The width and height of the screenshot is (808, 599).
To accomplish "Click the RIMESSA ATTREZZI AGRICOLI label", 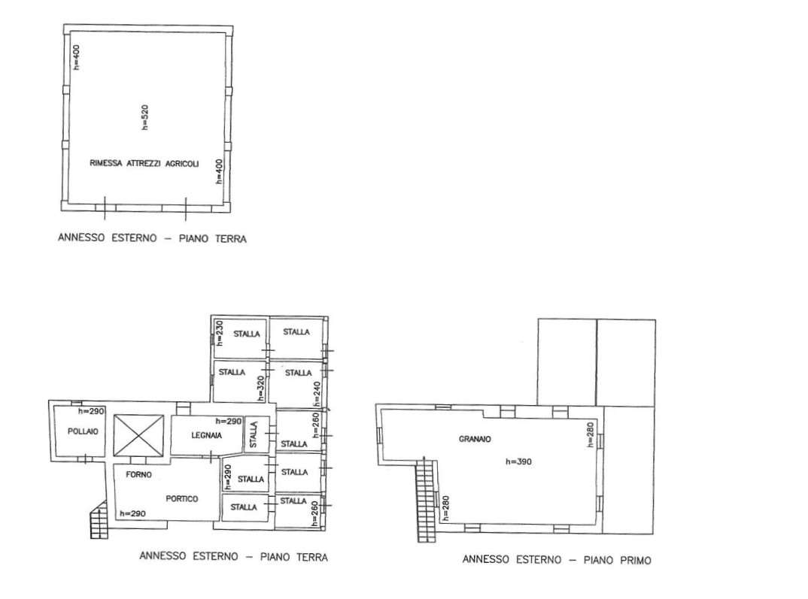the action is coord(144,163).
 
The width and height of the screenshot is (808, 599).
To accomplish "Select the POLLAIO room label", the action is coord(83,431).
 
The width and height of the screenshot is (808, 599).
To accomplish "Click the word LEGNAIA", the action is coord(207,435).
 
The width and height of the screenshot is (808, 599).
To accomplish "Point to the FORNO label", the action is coord(138,474).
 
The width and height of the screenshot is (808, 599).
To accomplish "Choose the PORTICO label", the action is coord(182,498).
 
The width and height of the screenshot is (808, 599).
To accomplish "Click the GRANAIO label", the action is coord(475,439).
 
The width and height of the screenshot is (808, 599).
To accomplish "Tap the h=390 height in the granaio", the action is coord(518,461).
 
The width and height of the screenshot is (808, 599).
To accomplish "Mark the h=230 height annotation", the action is coord(218,332).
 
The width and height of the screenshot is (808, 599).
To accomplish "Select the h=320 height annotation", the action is coord(261,388).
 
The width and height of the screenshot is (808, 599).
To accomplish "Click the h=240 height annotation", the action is coord(317,394).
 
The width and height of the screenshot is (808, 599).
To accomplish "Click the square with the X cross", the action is coord(138,435).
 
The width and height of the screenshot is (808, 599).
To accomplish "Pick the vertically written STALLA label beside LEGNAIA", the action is coord(254,434).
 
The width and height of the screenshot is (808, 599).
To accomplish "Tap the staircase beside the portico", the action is coord(99,520).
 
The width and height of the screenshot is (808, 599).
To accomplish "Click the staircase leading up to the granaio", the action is coord(426,498).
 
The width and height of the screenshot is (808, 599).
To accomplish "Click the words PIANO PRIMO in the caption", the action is coord(618,560).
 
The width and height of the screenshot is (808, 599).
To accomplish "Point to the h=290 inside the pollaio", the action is coord(91,411).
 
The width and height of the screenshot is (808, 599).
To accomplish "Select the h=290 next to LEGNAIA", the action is coord(229,421).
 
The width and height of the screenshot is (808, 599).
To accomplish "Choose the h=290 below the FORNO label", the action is coord(132,513).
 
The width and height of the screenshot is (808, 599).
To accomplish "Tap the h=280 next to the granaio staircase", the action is coord(445,508).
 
